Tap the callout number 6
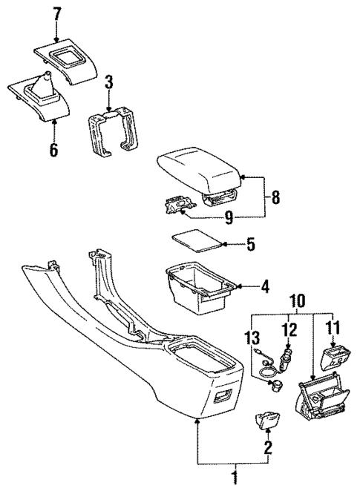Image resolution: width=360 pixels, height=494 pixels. [x=53, y=150]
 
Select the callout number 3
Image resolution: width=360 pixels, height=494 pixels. [x=108, y=81]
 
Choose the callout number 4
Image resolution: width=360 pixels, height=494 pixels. [x=266, y=286]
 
